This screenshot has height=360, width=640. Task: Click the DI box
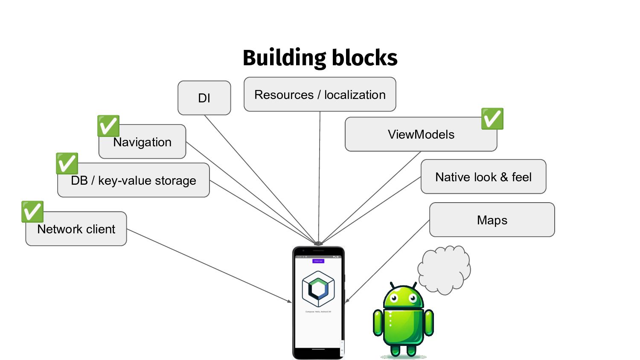tap(204, 98)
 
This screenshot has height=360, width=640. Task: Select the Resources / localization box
tap(320, 94)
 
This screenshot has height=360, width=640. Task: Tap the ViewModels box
tap(421, 134)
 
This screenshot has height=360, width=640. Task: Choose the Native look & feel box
tap(483, 177)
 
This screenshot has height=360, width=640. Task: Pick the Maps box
tap(492, 220)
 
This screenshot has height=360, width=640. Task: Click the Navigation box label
tap(142, 142)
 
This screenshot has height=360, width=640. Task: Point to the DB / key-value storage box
tap(133, 180)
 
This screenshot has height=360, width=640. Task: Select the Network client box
tap(76, 229)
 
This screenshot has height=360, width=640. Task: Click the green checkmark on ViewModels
tap(492, 119)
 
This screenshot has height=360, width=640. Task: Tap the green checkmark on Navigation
tap(108, 126)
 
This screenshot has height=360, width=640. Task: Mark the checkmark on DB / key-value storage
tap(67, 163)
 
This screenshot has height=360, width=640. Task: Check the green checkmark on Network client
tap(32, 212)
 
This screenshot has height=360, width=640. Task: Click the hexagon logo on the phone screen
tap(318, 289)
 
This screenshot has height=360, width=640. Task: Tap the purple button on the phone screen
tap(318, 261)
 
